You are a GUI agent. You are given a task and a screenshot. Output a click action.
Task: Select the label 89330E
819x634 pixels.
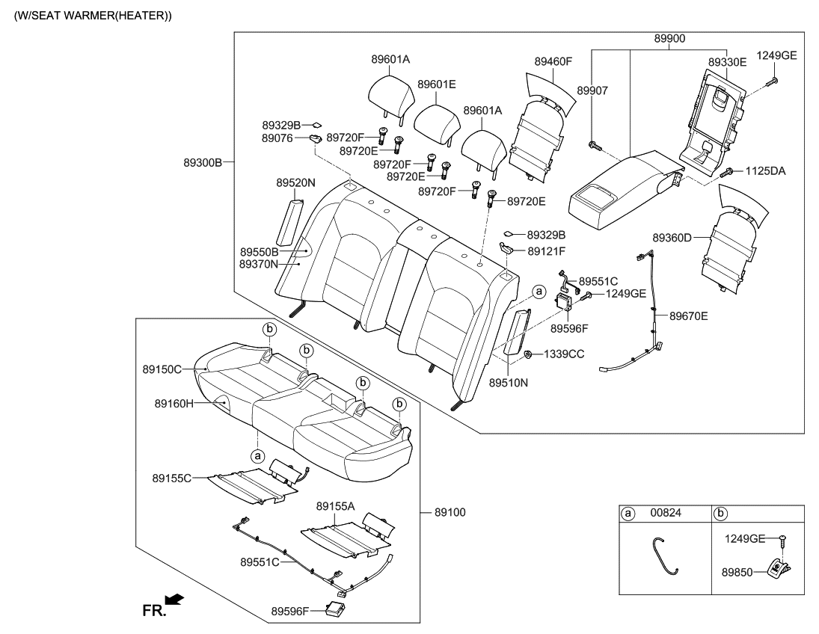[x=727, y=62]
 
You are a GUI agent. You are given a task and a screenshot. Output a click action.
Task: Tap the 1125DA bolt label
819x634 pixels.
[x=765, y=171]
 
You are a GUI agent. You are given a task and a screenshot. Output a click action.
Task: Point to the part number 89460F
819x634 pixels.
[x=553, y=62]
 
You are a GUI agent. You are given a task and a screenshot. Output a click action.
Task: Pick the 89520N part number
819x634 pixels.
[x=295, y=182]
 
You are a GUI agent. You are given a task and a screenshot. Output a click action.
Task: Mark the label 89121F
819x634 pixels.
[x=547, y=251]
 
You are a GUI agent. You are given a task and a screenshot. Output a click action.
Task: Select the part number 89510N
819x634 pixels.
[x=509, y=382]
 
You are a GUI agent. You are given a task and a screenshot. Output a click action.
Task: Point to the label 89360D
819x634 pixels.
[x=672, y=238]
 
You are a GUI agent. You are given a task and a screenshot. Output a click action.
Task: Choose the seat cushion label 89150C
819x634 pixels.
[x=162, y=369]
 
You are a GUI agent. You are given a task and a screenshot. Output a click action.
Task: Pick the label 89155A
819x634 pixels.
[x=335, y=506]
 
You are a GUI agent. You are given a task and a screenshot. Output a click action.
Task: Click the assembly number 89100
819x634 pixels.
[x=450, y=513]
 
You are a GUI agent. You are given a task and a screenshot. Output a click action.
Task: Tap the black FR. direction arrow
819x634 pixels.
[x=174, y=599]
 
